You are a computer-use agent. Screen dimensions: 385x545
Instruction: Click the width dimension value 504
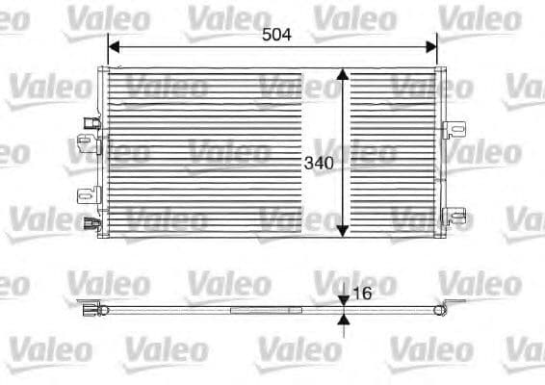click(x=276, y=35)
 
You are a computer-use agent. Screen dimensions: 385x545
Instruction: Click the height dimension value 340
click(x=319, y=164)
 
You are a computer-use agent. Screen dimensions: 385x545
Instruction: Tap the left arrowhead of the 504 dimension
click(x=114, y=45)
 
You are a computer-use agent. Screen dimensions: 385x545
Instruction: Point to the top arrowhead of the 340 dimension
click(x=342, y=75)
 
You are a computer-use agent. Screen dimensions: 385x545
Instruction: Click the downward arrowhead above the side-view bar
click(x=344, y=300)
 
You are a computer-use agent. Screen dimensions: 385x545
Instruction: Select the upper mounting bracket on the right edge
click(x=454, y=130)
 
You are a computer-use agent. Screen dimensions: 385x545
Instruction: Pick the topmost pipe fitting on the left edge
click(x=91, y=123)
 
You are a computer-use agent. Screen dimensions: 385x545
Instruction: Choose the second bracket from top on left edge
click(x=88, y=145)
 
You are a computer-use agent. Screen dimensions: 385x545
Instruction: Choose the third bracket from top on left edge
click(x=87, y=195)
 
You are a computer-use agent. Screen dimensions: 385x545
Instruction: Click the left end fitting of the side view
click(x=91, y=309)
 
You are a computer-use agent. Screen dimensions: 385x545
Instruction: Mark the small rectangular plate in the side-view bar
click(x=266, y=309)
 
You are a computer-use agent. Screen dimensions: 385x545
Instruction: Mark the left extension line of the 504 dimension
click(x=108, y=53)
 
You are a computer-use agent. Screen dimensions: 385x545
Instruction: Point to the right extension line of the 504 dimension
click(x=437, y=53)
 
